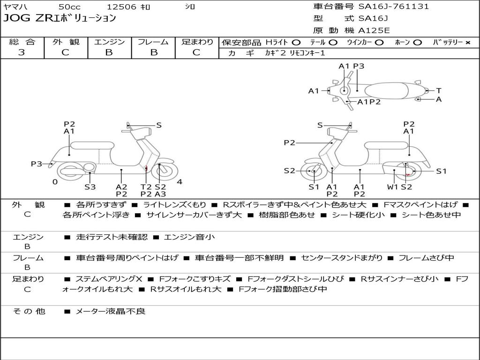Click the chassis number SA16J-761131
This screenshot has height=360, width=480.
pyautogui.click(x=393, y=7)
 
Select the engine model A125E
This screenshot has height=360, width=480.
pyautogui.click(x=374, y=31)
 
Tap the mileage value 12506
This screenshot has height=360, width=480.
pyautogui.click(x=121, y=7)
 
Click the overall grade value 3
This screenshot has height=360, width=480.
pyautogui.click(x=22, y=52)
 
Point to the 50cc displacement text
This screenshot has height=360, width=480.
pyautogui.click(x=69, y=7)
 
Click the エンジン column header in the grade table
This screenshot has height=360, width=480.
pyautogui.click(x=109, y=42)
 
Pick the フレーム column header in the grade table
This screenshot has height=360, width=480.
pyautogui.click(x=153, y=42)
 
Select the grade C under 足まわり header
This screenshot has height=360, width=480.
pyautogui.click(x=197, y=52)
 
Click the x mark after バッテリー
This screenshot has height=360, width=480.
pyautogui.click(x=467, y=42)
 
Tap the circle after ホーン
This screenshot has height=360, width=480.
pyautogui.click(x=418, y=42)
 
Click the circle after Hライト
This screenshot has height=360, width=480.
pyautogui.click(x=296, y=42)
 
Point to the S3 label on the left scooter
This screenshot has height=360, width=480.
pyautogui.click(x=90, y=187)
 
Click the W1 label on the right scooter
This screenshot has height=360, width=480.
pyautogui.click(x=392, y=187)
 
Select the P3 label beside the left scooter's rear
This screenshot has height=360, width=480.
pyautogui.click(x=37, y=164)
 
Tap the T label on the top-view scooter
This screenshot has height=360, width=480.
pyautogui.click(x=439, y=90)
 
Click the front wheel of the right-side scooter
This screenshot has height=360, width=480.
pyautogui.click(x=314, y=172)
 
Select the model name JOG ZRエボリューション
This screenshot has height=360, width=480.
pyautogui.click(x=60, y=19)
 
